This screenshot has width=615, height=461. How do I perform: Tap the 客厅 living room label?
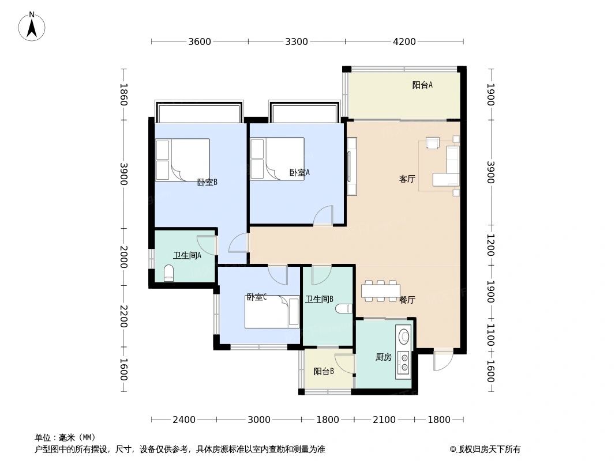tap(407, 179)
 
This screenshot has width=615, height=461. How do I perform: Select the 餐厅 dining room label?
tap(407, 300)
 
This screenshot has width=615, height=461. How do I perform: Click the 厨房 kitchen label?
tap(383, 357)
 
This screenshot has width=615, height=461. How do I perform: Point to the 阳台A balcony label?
tap(422, 85)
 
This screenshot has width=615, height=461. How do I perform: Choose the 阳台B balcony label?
tap(324, 372)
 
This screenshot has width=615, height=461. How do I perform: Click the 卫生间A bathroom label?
tap(187, 255)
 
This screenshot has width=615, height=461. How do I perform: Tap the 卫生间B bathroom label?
tap(320, 299)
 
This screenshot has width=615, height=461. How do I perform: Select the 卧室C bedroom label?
tap(256, 297)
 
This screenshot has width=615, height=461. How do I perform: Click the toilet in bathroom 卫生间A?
tap(168, 273)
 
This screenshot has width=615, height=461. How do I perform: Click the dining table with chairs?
tap(380, 291)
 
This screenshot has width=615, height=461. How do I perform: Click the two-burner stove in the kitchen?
tap(404, 361)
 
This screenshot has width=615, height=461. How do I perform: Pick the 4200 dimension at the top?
tap(404, 41)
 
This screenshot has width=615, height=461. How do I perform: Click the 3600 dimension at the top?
tap(200, 41)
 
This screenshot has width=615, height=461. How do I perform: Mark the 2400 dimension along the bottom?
tap(184, 420)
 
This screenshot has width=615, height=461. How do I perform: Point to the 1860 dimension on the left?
tap(123, 95)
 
